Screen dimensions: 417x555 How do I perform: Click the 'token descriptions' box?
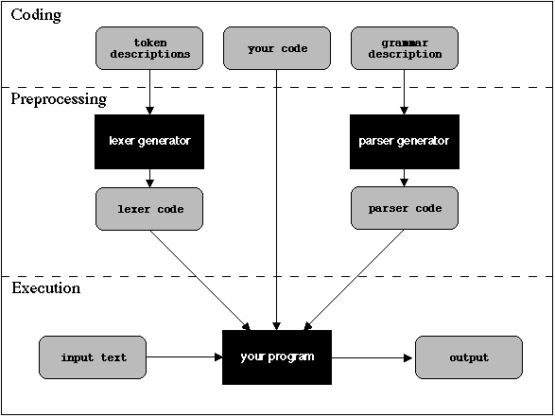(x=149, y=48)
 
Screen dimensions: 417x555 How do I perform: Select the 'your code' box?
(x=277, y=48)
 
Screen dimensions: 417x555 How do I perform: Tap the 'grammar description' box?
(x=405, y=48)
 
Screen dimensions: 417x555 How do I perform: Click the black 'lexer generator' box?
(x=149, y=142)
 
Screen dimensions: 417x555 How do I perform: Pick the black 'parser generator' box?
(x=405, y=142)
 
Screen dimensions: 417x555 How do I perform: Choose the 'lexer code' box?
(x=149, y=208)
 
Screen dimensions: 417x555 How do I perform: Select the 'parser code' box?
(x=405, y=208)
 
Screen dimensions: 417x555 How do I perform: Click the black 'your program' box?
(x=277, y=357)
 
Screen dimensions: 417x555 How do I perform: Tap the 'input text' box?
(x=94, y=357)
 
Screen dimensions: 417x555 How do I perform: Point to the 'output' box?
(x=469, y=357)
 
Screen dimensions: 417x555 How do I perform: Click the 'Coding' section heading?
(x=36, y=15)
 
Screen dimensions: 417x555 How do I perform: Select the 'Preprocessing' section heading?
(x=59, y=98)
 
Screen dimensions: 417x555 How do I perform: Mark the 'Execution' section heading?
(x=45, y=287)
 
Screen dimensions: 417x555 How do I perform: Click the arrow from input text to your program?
(x=184, y=357)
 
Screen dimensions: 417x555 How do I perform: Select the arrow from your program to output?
(x=373, y=357)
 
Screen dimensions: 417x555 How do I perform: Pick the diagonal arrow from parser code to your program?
(x=355, y=279)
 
